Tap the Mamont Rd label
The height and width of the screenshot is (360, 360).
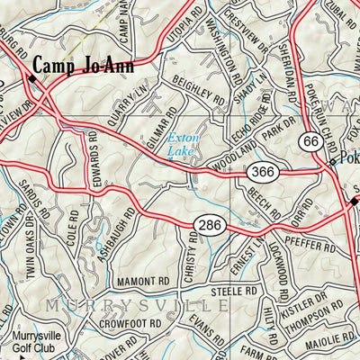[x=141, y=282]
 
